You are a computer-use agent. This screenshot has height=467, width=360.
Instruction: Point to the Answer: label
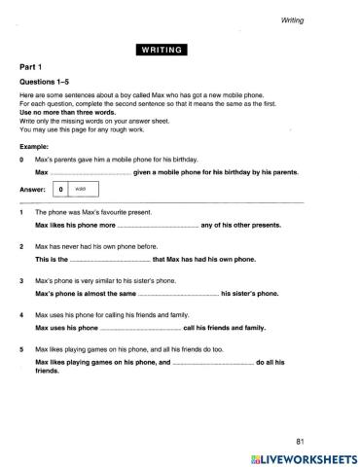coord(33,191)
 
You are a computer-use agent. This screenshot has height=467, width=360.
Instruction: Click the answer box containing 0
coord(60,191)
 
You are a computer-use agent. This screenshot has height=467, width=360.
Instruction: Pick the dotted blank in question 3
coord(177,292)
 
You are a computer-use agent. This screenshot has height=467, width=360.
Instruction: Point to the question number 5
coord(20,348)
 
